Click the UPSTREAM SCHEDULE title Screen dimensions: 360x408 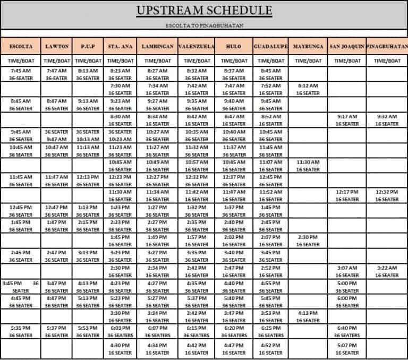click(205, 11)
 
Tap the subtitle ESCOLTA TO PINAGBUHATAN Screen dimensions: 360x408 click(205, 25)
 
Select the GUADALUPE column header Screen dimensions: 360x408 click(271, 46)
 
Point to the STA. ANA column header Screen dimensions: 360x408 click(120, 46)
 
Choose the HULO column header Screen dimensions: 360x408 click(234, 46)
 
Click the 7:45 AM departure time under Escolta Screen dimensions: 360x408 click(21, 70)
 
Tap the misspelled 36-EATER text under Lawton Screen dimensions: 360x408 click(56, 78)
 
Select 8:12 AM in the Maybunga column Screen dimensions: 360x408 click(308, 85)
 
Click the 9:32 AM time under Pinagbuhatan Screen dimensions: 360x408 click(387, 116)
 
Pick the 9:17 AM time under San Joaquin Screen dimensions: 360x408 click(347, 116)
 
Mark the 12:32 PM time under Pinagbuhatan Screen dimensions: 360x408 click(387, 192)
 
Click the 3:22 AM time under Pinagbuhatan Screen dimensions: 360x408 click(387, 268)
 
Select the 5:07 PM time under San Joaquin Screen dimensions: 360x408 click(347, 345)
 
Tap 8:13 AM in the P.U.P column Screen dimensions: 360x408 click(88, 70)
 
